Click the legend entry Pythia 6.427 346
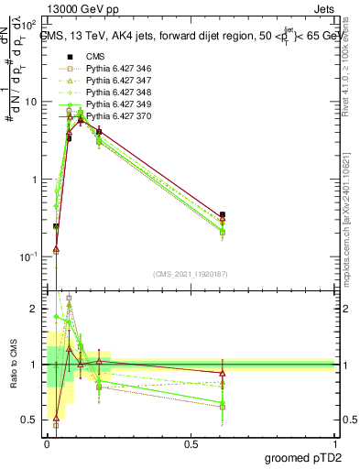coord(116,69)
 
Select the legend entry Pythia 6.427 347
coord(116,81)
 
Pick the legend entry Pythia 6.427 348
coord(116,93)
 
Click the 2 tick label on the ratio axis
coord(34,310)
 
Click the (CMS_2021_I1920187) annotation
coord(190,274)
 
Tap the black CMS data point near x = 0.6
coord(223,214)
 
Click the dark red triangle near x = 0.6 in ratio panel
coord(223,373)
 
